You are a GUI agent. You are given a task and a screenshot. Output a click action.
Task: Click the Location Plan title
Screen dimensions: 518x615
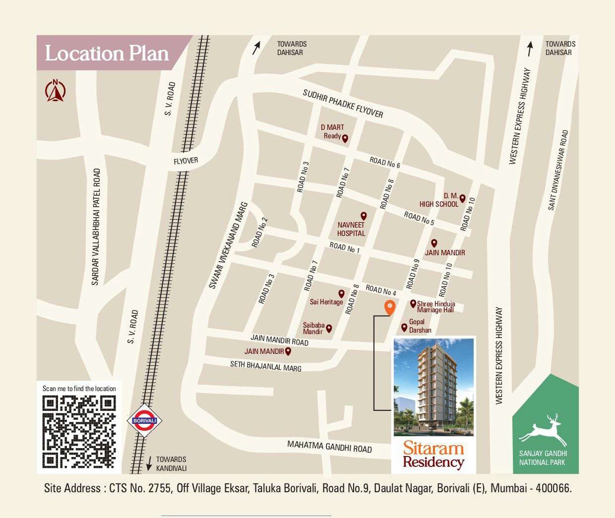click(107, 54)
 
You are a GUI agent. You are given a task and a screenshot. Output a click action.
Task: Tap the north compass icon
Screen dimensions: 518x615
click(56, 91)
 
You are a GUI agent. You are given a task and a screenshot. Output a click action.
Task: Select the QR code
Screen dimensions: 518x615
click(79, 432)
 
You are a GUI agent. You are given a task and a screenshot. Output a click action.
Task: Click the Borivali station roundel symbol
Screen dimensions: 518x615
click(145, 420)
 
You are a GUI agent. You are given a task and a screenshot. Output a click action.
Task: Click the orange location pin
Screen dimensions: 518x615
click(390, 307)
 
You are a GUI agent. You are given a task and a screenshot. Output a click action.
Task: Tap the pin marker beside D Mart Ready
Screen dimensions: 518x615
click(345, 138)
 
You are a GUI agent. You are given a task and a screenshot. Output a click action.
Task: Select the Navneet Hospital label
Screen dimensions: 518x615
click(351, 229)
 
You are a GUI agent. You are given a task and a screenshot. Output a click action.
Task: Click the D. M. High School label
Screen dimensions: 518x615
click(439, 200)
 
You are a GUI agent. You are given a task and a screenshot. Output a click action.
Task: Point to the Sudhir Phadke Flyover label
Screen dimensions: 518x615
click(343, 104)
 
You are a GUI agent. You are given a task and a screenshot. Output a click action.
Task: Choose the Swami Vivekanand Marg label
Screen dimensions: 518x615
click(228, 245)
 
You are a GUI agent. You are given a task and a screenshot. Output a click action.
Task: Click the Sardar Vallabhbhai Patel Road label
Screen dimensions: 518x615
click(96, 227)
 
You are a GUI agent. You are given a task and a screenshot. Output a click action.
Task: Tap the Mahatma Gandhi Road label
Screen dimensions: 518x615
click(329, 447)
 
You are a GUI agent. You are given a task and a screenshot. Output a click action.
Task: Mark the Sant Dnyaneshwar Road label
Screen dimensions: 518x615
click(558, 170)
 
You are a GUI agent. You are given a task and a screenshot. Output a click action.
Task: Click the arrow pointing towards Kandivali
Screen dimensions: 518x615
click(149, 463)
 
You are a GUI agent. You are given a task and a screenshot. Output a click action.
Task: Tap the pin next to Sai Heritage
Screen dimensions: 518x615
click(341, 294)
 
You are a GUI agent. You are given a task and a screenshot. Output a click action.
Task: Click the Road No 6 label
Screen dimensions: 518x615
click(384, 162)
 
